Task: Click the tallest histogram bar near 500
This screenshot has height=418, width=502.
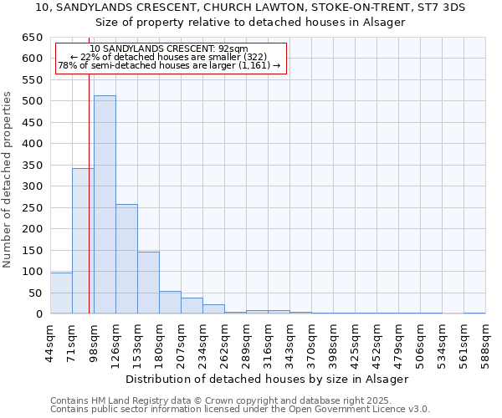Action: pos(105,205)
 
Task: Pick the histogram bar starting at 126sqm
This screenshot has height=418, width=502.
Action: pos(126,259)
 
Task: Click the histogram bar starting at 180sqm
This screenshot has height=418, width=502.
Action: pos(170,303)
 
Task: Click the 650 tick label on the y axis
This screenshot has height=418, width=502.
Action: pos(32,38)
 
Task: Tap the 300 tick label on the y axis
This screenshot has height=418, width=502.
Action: pos(32,186)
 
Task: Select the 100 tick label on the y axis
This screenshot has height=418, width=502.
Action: pos(32,272)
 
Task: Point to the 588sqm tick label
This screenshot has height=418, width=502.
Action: pos(485,341)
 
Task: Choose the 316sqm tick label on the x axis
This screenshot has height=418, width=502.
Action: pos(268,341)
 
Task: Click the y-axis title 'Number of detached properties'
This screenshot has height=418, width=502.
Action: pos(8,180)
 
